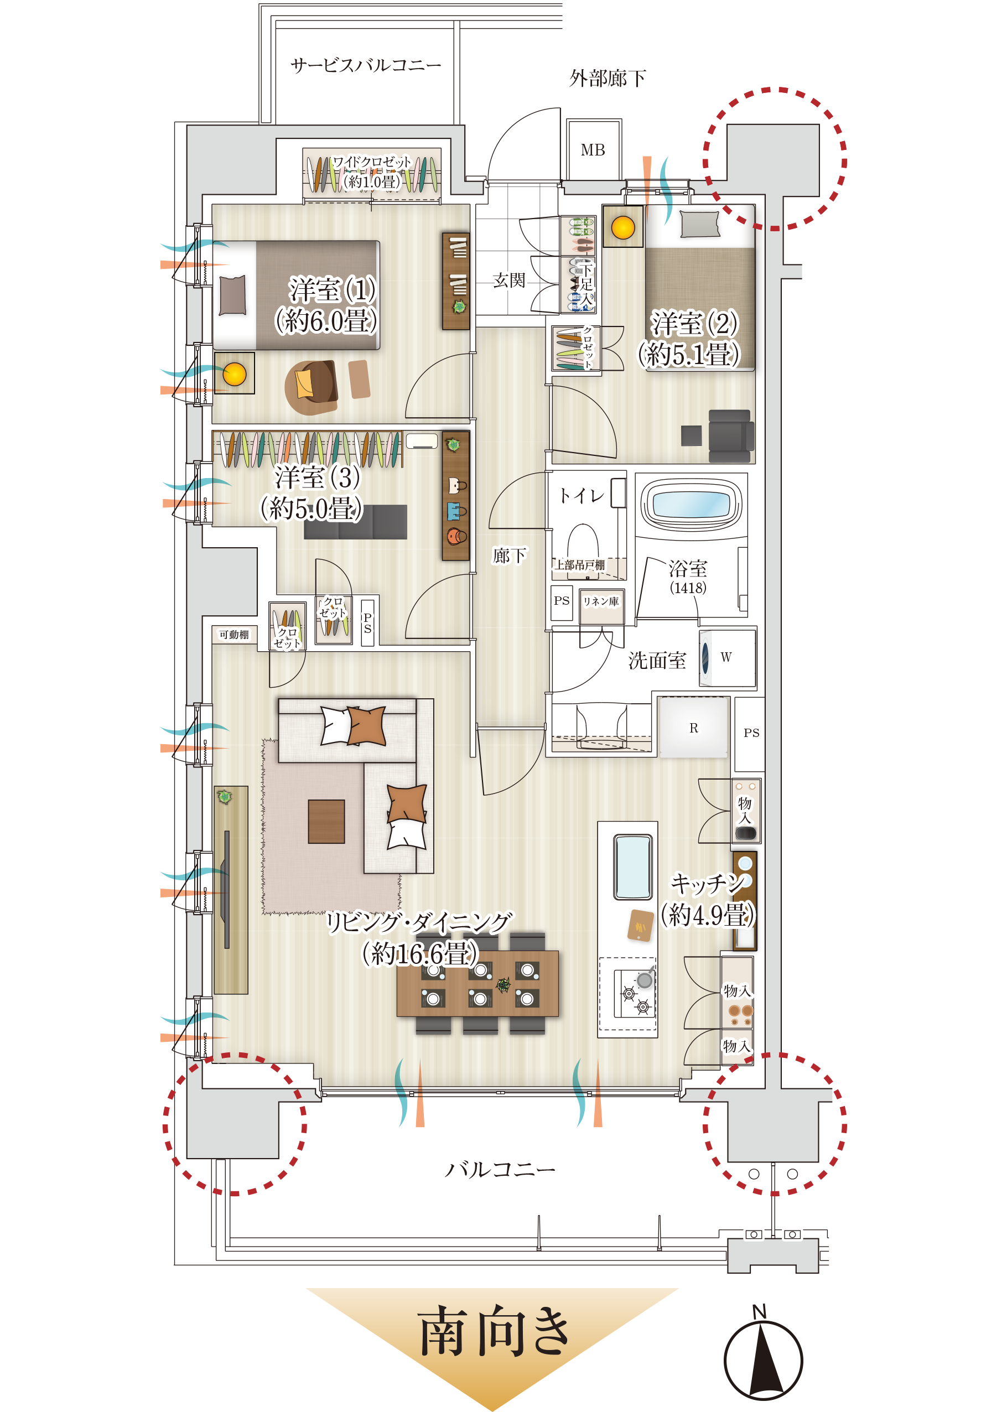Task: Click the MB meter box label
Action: coord(592,150)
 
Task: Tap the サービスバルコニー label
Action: coord(366,65)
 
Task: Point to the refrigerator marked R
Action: coord(693,728)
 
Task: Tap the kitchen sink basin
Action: coord(632,867)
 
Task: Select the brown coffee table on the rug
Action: coord(326,821)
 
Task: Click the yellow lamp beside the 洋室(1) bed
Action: coord(235,374)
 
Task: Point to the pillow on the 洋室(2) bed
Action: coord(699,224)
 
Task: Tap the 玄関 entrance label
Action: coord(509,281)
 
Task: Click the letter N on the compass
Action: coord(759,1311)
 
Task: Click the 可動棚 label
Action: coord(233,635)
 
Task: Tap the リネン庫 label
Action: coord(600,601)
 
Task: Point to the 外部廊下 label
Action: coord(608,78)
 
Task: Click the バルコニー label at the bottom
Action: coord(500,1170)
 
